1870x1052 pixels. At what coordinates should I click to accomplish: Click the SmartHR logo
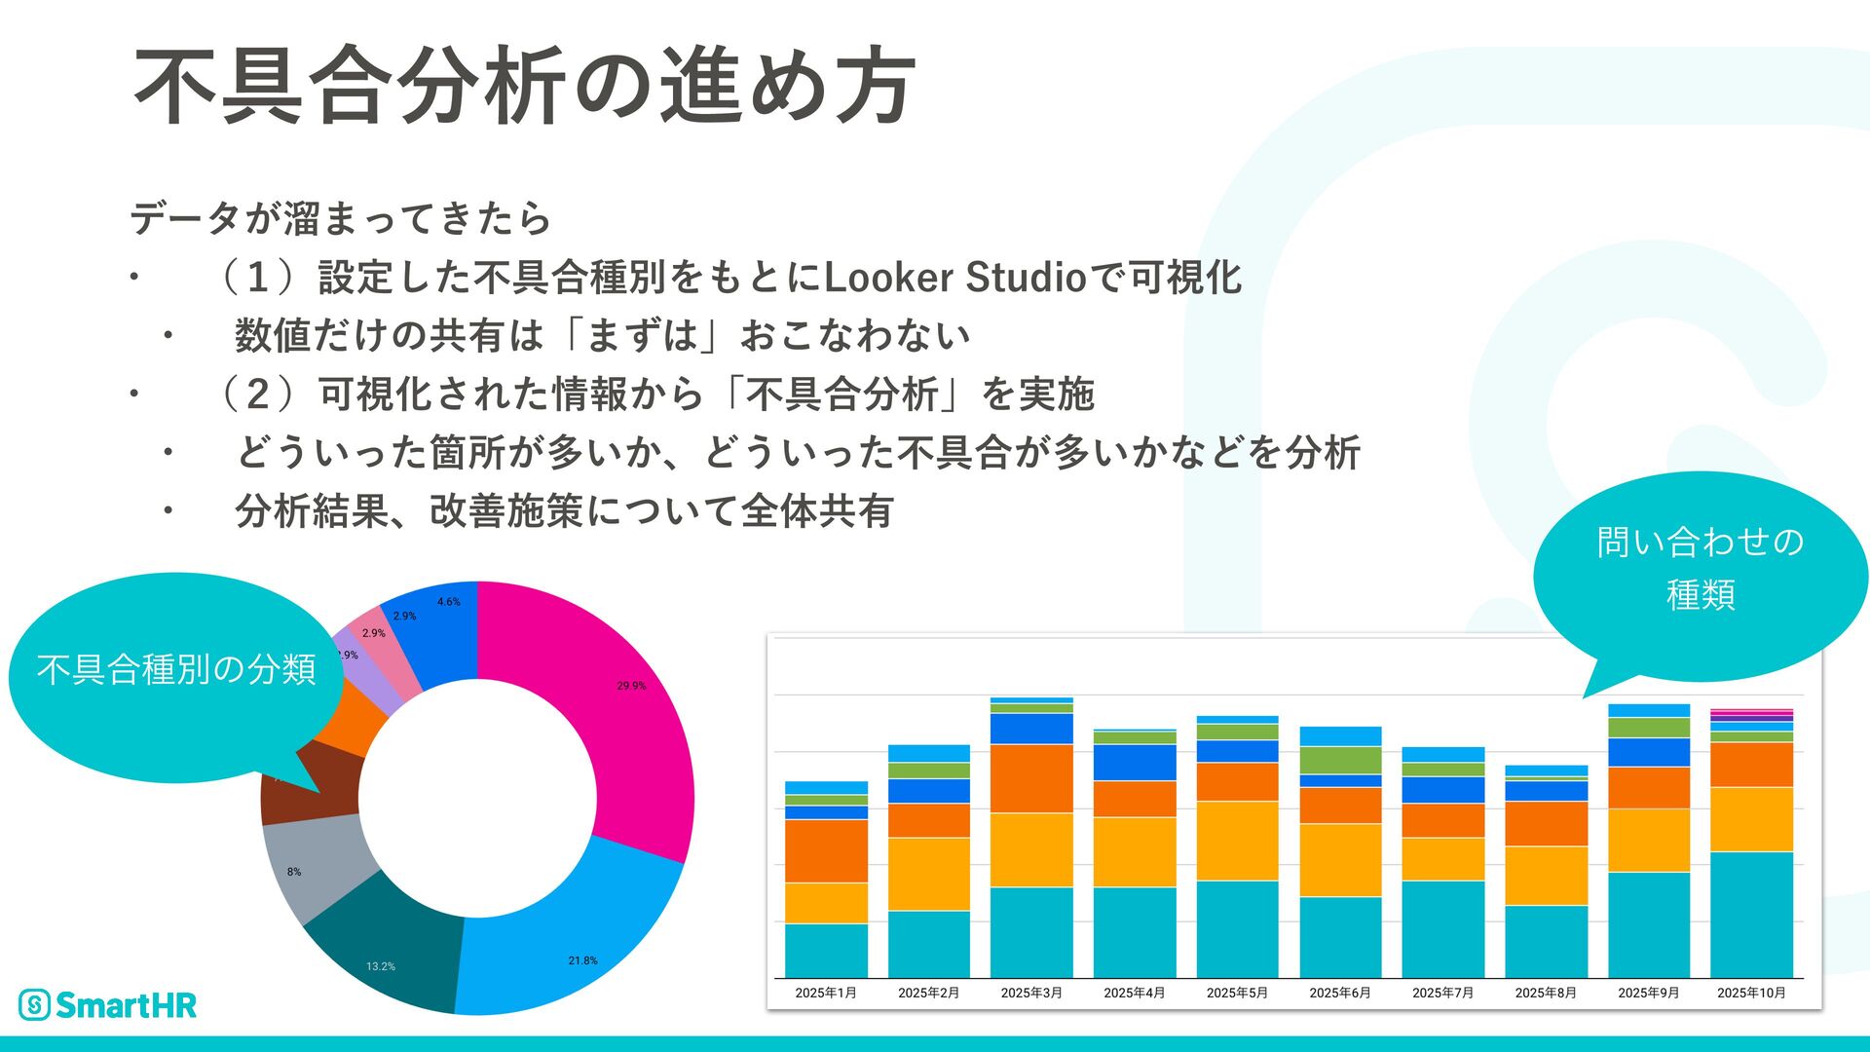click(x=108, y=1004)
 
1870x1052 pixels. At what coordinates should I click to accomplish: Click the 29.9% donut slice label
click(x=631, y=686)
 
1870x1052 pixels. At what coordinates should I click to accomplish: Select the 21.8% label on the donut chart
click(x=582, y=960)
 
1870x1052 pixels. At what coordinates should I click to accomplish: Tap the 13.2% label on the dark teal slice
click(x=381, y=966)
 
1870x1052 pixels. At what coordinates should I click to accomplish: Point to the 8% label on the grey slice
click(x=294, y=872)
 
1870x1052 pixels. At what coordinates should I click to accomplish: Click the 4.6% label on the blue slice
click(x=448, y=602)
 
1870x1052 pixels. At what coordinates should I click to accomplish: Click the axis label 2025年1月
click(x=826, y=993)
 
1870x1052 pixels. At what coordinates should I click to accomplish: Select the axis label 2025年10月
click(x=1751, y=993)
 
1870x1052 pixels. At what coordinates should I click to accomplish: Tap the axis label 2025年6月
click(x=1340, y=993)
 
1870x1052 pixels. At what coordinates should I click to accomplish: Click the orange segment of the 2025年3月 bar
click(x=1031, y=777)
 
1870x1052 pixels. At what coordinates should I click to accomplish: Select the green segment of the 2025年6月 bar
click(x=1340, y=760)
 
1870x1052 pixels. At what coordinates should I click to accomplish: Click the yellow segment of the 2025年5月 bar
click(x=1237, y=840)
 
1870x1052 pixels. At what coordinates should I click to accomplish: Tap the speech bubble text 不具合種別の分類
click(x=176, y=669)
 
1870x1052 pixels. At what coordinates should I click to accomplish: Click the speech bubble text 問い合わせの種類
click(x=1701, y=567)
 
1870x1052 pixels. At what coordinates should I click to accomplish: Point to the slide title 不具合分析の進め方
click(x=524, y=86)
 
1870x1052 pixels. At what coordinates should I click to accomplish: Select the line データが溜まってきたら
click(x=341, y=218)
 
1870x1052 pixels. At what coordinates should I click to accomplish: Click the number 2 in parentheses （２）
click(x=257, y=394)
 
